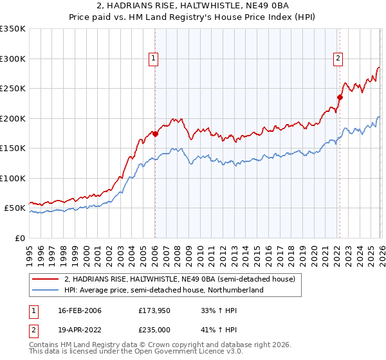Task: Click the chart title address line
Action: click(x=193, y=6)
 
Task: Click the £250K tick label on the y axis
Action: click(x=12, y=89)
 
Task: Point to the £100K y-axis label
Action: click(x=12, y=178)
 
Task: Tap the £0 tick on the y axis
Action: click(x=19, y=238)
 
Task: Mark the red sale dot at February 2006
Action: click(x=155, y=134)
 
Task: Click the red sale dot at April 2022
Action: click(x=340, y=98)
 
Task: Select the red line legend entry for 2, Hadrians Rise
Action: click(x=179, y=280)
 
